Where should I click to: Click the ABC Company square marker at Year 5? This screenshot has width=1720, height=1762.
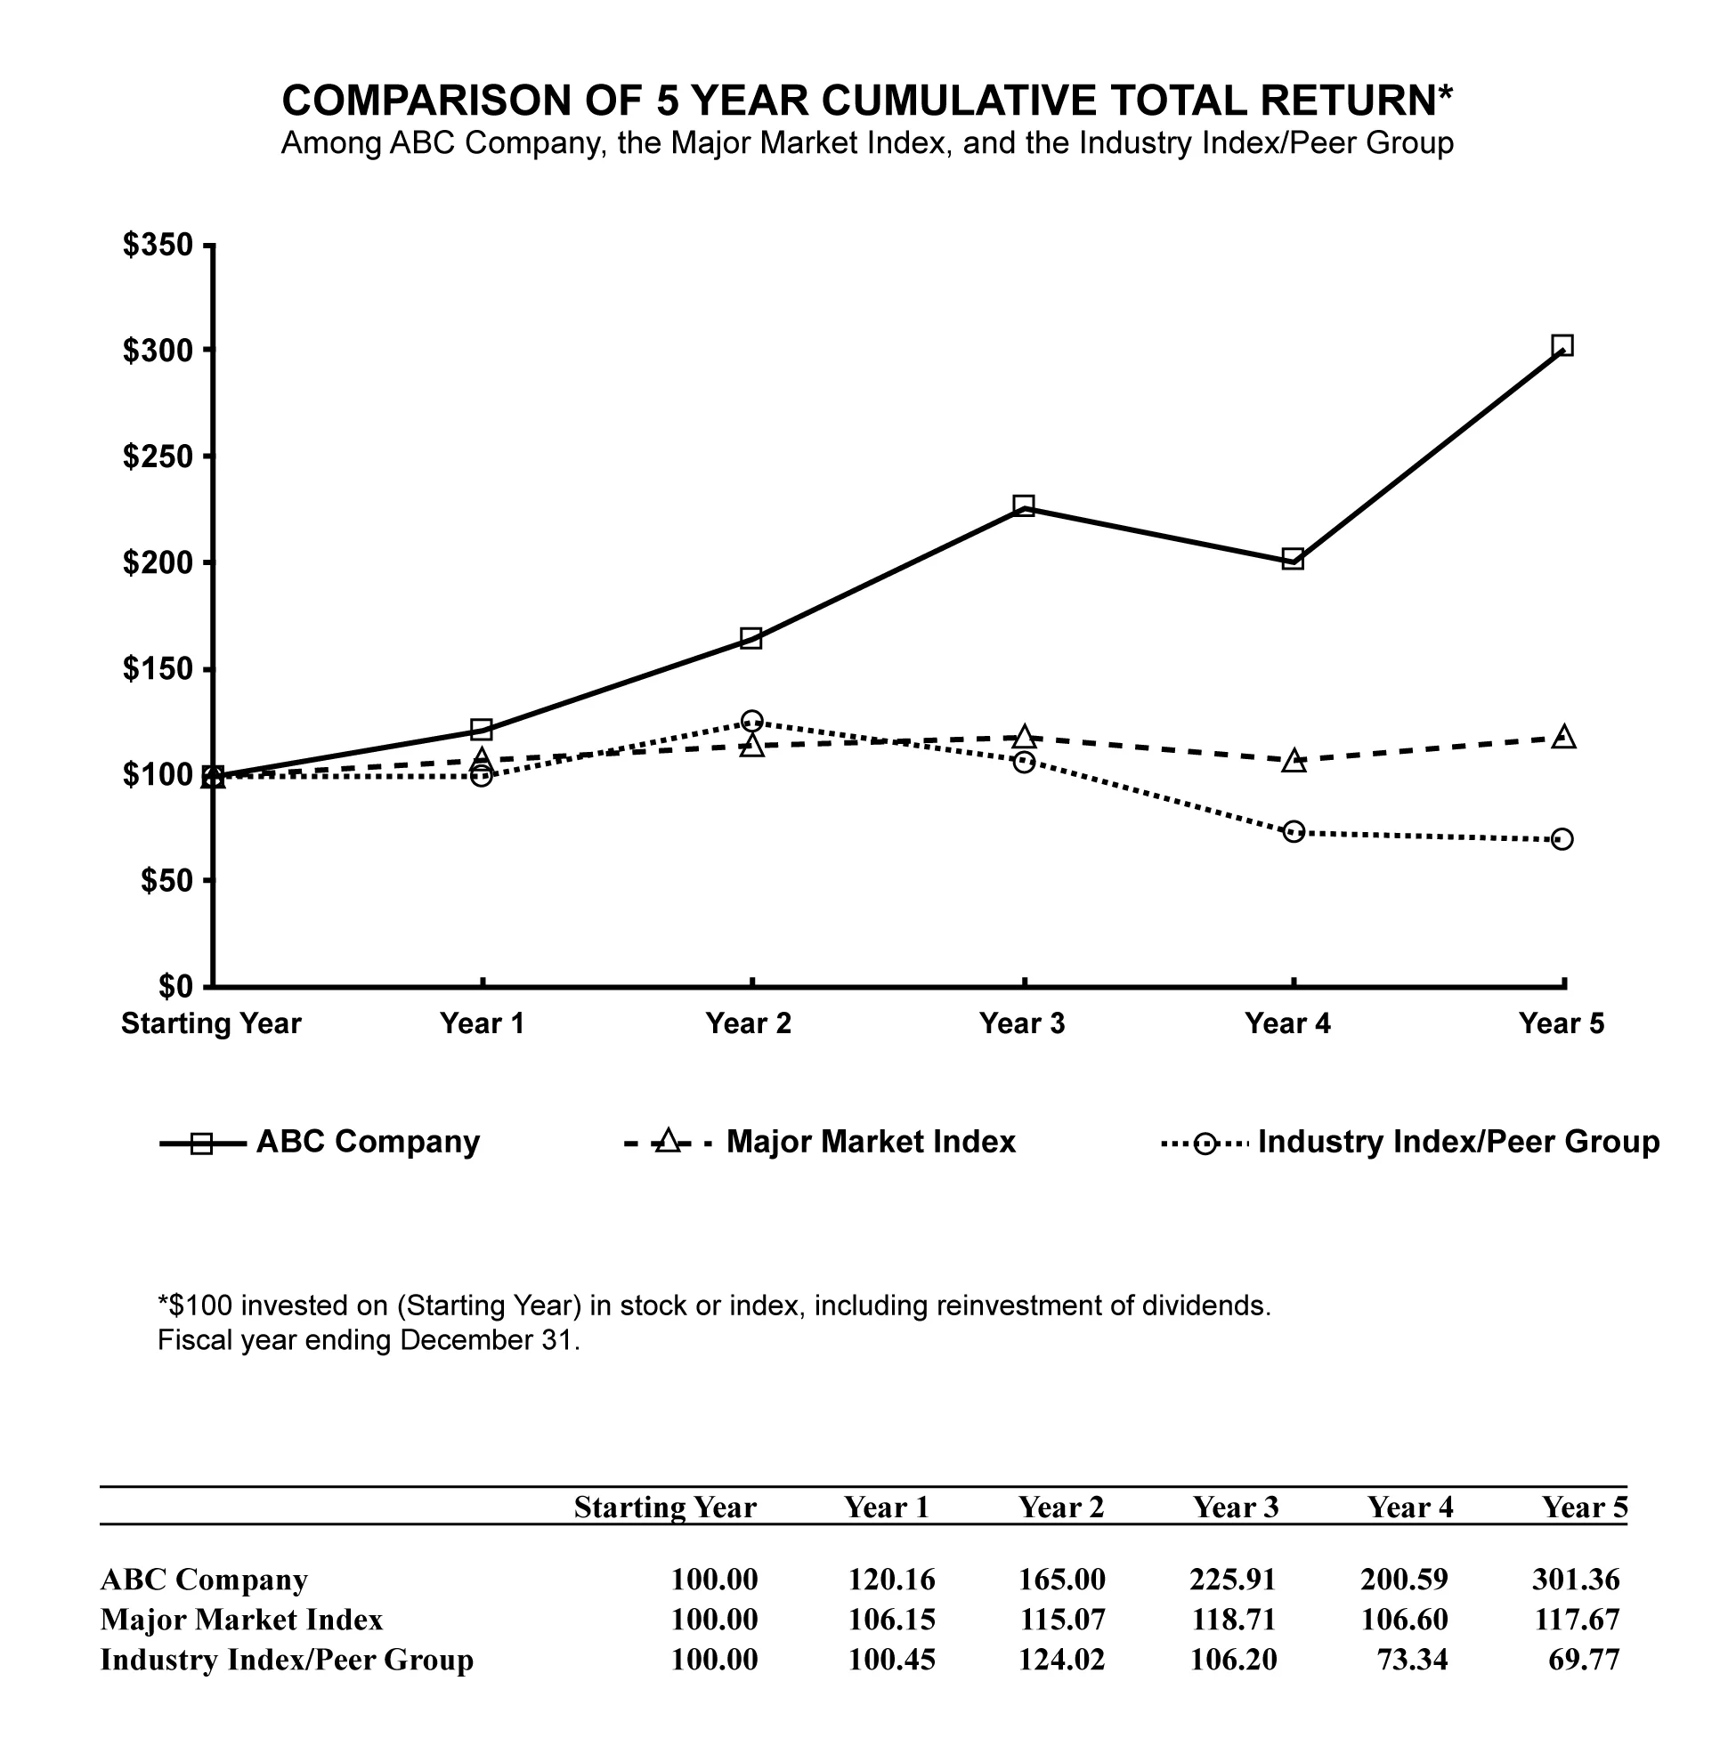tap(1562, 345)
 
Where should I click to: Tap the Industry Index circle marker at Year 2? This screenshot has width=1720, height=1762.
tap(751, 721)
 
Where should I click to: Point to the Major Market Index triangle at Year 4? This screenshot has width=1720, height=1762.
tap(1294, 762)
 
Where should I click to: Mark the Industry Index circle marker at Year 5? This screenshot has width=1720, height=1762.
tap(1562, 839)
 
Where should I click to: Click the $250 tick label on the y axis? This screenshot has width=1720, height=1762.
tap(158, 457)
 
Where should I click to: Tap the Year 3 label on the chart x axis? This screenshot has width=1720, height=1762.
tap(1022, 1023)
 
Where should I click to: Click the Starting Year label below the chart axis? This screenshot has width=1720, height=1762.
tap(211, 1023)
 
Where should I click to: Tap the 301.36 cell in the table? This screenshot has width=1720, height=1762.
tap(1576, 1580)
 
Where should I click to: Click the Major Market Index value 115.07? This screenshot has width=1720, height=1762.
tap(1061, 1620)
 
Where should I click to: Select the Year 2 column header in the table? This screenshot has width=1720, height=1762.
tap(1060, 1507)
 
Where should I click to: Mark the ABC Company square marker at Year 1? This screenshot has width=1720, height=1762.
tap(482, 729)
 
